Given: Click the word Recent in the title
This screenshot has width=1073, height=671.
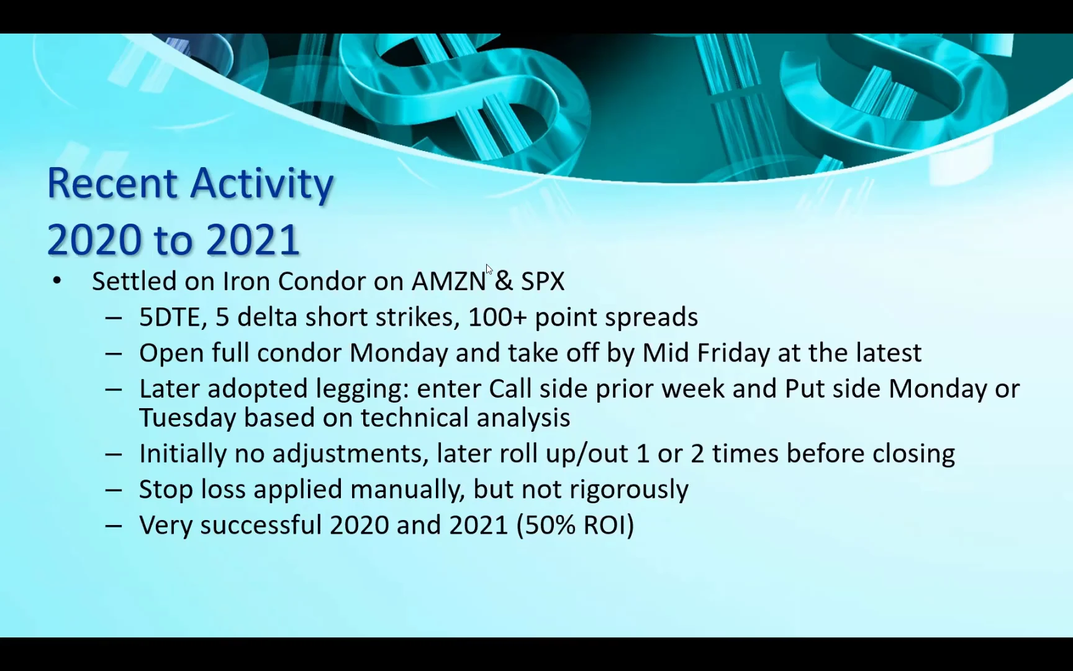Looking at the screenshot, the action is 112,183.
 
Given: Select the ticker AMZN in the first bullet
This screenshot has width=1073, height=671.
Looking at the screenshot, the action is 449,281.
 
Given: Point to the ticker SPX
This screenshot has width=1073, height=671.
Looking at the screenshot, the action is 543,281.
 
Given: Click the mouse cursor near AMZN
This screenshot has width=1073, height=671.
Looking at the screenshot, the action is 489,269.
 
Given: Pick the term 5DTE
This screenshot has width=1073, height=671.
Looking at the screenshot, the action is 169,317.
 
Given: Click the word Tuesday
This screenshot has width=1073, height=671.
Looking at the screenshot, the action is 188,418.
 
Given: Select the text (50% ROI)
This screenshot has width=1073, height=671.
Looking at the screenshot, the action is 576,525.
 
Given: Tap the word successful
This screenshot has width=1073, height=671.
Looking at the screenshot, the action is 261,525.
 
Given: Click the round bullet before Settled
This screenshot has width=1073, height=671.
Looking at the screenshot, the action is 57,281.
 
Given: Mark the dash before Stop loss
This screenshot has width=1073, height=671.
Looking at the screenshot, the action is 114,490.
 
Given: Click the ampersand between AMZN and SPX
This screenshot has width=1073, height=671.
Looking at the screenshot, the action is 504,281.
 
